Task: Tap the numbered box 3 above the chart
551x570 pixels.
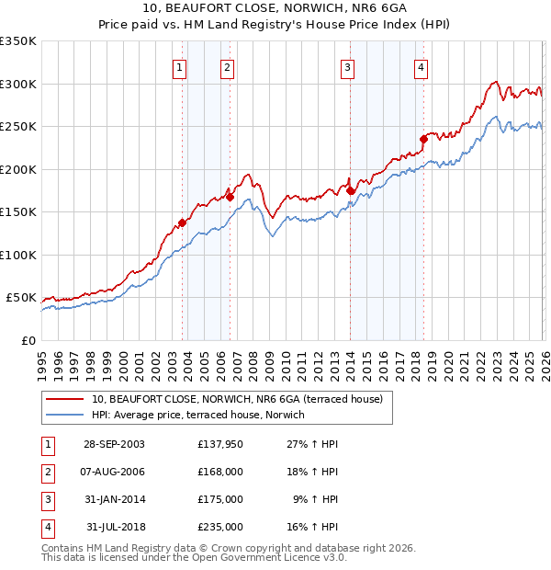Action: (x=348, y=66)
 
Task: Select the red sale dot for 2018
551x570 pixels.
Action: (x=423, y=139)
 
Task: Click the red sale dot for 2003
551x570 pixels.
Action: (x=183, y=222)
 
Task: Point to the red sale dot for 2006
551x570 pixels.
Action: (x=230, y=196)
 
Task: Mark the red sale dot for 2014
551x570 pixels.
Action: (x=351, y=190)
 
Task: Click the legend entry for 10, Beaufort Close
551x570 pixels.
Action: (x=242, y=399)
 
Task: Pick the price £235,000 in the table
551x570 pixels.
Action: (x=220, y=527)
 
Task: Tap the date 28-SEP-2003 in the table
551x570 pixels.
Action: (x=113, y=444)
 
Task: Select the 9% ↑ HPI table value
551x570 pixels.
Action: (x=314, y=499)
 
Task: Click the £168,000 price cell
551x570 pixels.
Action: (x=220, y=472)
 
